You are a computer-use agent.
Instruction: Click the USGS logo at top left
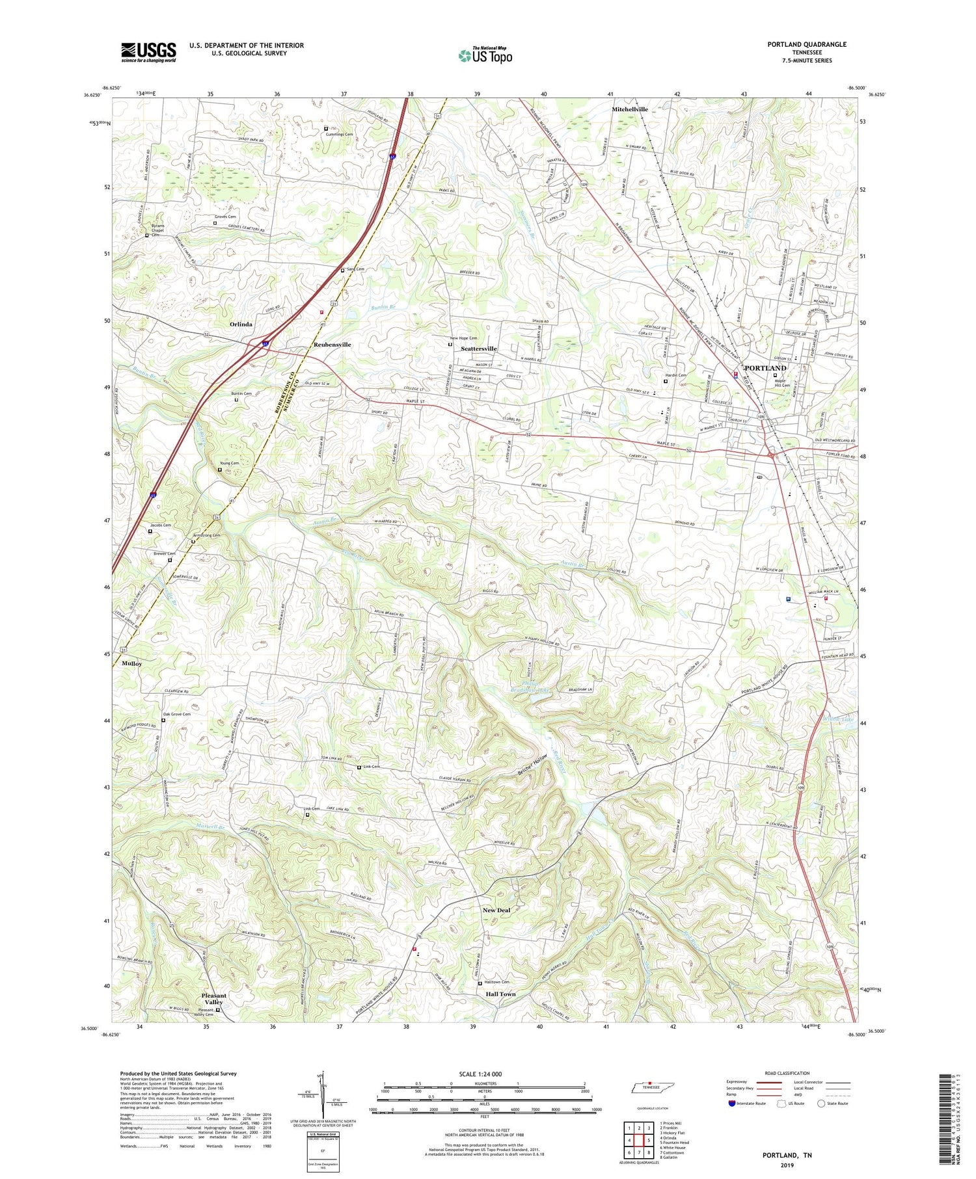pyautogui.click(x=148, y=52)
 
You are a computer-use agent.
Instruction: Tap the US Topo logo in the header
pyautogui.click(x=485, y=56)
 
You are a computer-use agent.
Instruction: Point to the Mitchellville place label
pyautogui.click(x=629, y=109)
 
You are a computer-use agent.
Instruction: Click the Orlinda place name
pyautogui.click(x=241, y=324)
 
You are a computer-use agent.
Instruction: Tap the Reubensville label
pyautogui.click(x=332, y=345)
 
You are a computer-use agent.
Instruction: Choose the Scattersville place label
pyautogui.click(x=478, y=349)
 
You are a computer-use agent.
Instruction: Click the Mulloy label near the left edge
pyautogui.click(x=131, y=663)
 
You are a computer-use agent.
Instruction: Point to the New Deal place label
pyautogui.click(x=496, y=910)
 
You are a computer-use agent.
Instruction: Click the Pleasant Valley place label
pyautogui.click(x=214, y=998)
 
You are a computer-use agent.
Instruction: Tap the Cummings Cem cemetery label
pyautogui.click(x=341, y=134)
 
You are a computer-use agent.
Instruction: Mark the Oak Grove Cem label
pyautogui.click(x=177, y=714)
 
